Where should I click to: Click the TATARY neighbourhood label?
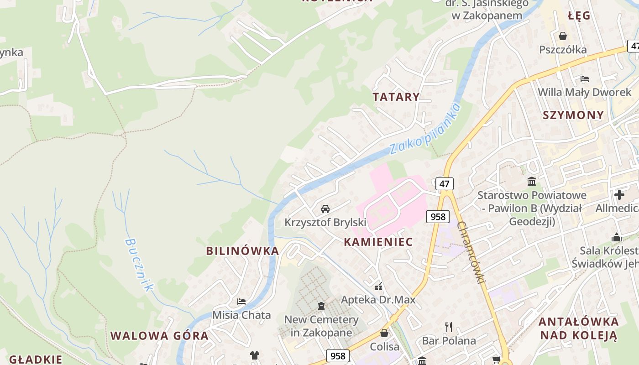coord(396,97)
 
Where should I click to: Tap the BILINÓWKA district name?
coord(242,250)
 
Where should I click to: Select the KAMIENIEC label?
coord(378,242)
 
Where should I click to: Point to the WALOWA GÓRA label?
coord(159,336)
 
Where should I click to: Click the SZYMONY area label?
coord(573,115)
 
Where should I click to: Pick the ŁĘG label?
coord(579,16)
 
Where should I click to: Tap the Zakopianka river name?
coord(425,129)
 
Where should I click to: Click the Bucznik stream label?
coord(139,265)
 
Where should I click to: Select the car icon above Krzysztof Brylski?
coord(325,209)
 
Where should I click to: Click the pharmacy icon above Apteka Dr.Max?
coord(378,287)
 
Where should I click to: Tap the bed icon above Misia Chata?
coord(241,302)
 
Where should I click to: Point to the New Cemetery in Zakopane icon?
coord(321,306)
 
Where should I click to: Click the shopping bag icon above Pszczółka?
coord(563,36)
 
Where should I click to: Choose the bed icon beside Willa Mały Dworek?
coord(584,78)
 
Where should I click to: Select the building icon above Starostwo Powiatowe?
coord(532,182)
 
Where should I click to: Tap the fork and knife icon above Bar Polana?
coord(449,327)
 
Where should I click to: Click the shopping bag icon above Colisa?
coord(384,333)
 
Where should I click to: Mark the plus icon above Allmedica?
coord(619,195)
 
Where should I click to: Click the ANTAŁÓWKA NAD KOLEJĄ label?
coord(578,328)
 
